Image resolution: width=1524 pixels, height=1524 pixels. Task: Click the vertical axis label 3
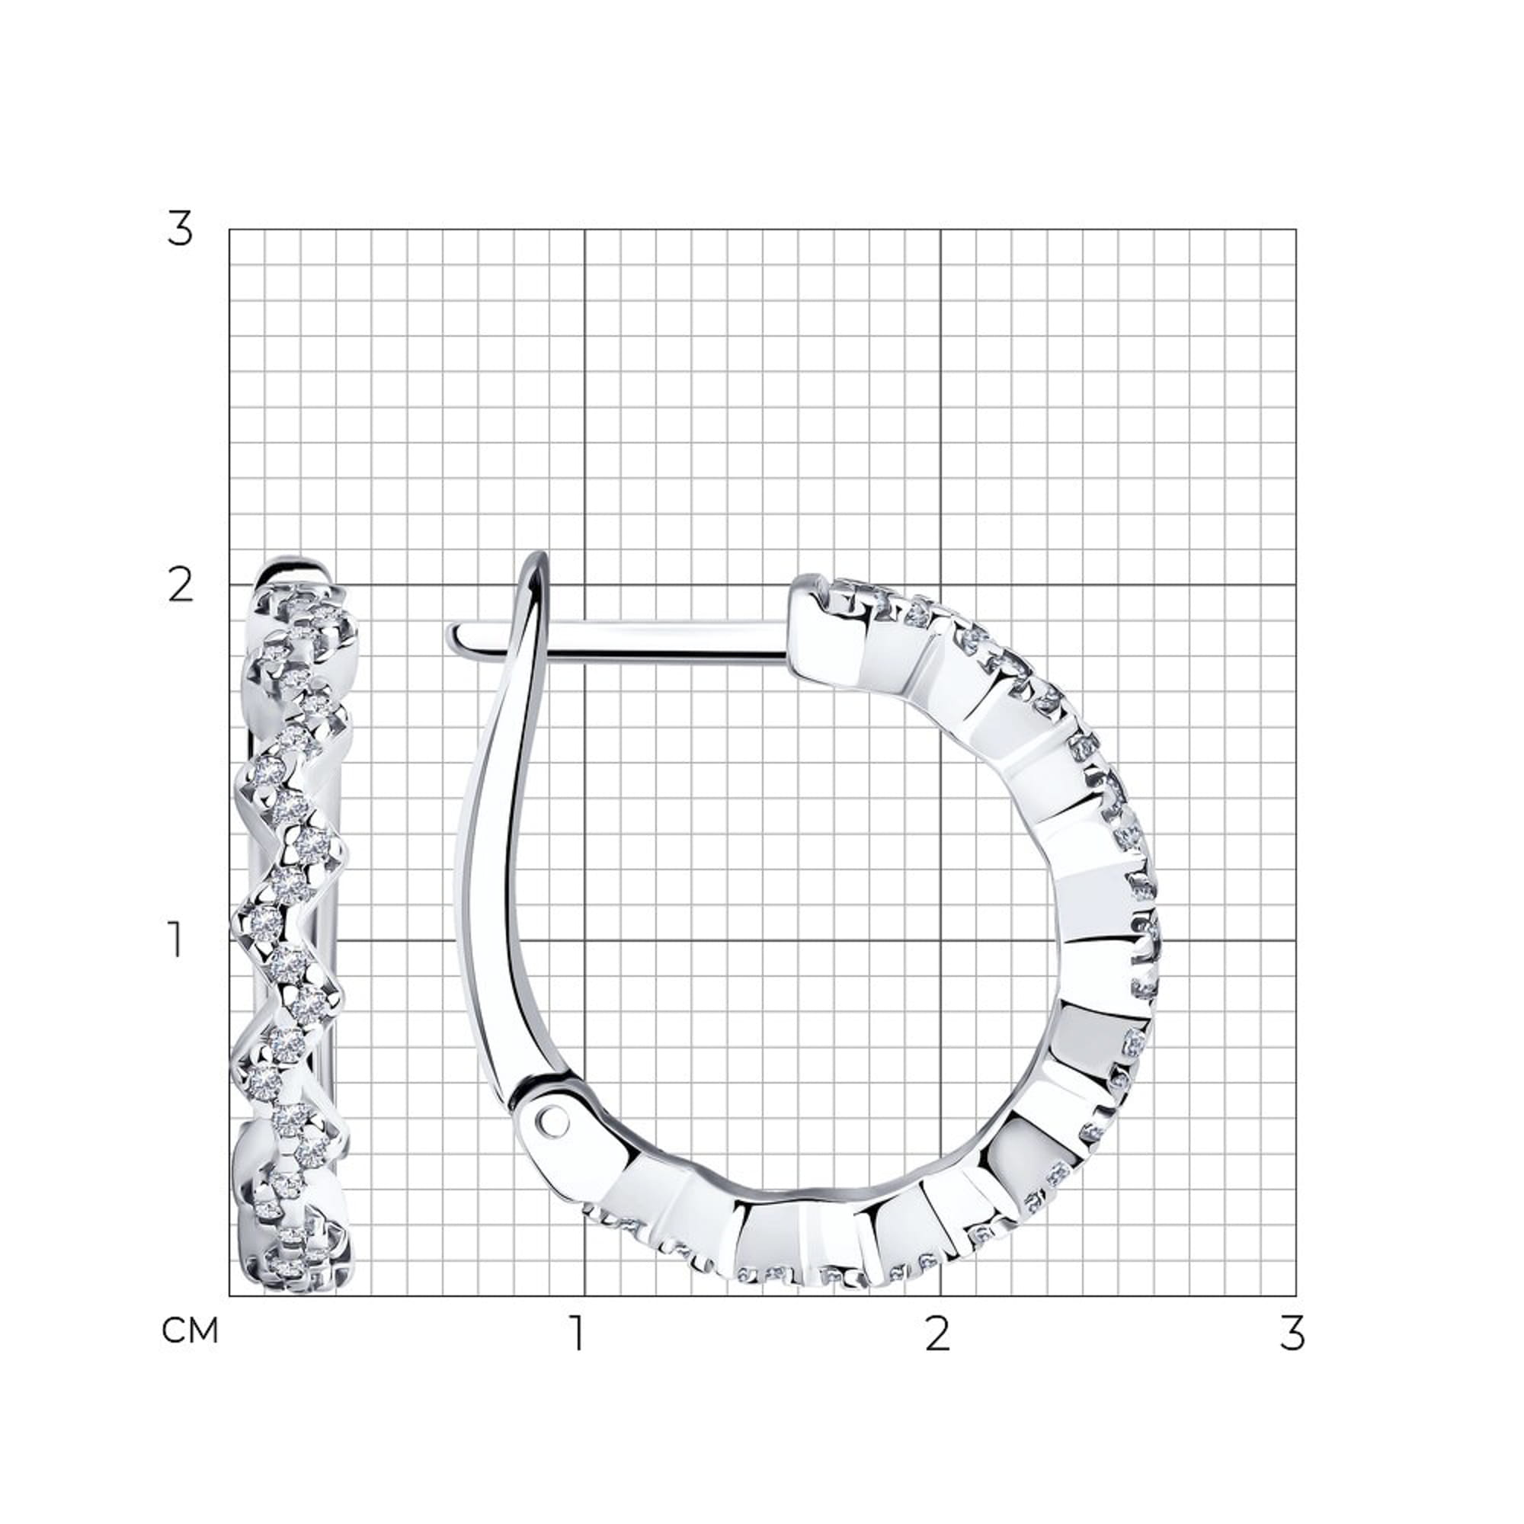(x=180, y=229)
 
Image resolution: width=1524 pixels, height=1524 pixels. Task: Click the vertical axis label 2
(x=181, y=586)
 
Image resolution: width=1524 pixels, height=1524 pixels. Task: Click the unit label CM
(x=189, y=1331)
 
